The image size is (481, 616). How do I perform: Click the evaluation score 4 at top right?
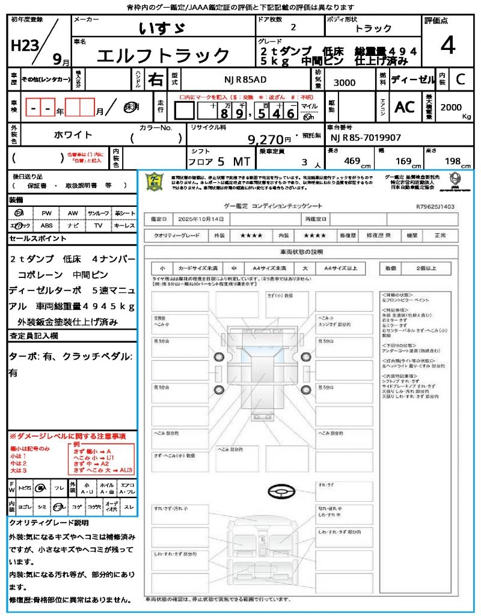[447, 46]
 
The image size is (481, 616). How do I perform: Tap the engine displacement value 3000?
[344, 82]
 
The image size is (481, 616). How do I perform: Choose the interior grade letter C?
[460, 79]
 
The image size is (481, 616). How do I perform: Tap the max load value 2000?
[452, 107]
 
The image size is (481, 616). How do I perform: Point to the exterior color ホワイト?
[74, 135]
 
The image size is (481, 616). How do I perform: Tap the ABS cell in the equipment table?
[46, 226]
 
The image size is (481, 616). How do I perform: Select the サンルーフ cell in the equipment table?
[98, 214]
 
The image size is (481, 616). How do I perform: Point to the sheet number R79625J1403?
[435, 206]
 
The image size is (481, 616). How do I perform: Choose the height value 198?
[451, 161]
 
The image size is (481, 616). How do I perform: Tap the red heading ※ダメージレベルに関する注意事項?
[67, 436]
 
